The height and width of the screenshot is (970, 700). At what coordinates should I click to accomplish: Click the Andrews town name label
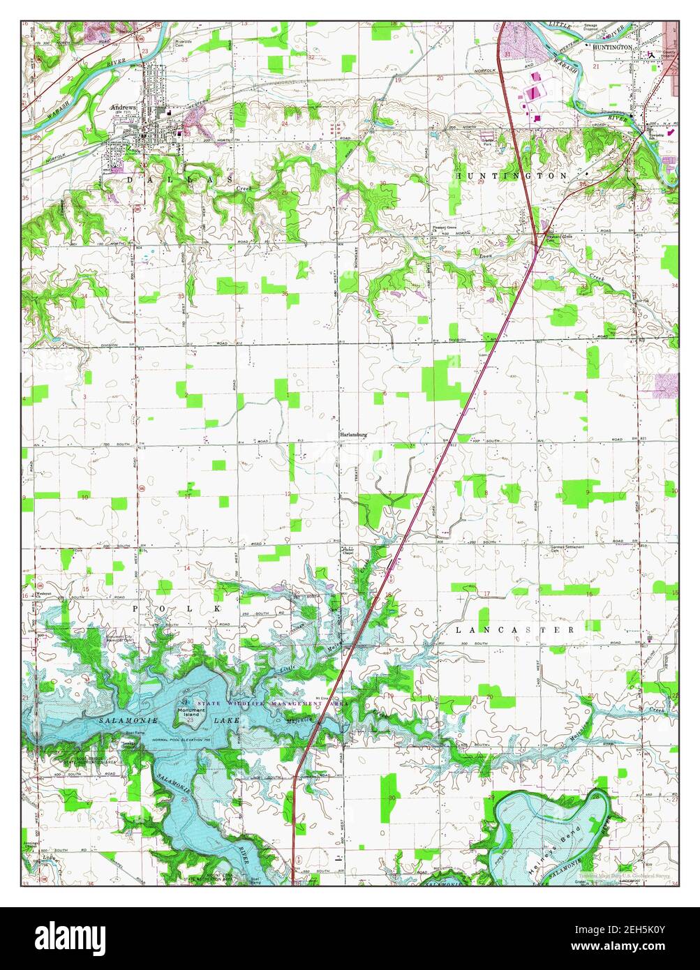pos(122,108)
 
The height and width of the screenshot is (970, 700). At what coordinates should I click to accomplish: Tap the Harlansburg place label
pos(353,434)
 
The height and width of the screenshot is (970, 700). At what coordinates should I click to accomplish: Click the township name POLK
pos(179,609)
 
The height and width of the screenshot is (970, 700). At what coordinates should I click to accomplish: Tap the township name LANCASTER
pos(515,629)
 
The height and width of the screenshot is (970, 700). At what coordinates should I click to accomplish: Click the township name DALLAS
pos(179,179)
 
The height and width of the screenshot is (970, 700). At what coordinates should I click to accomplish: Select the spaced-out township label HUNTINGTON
pos(512,177)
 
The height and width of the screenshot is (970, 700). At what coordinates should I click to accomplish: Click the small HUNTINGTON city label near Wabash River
pos(612,47)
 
